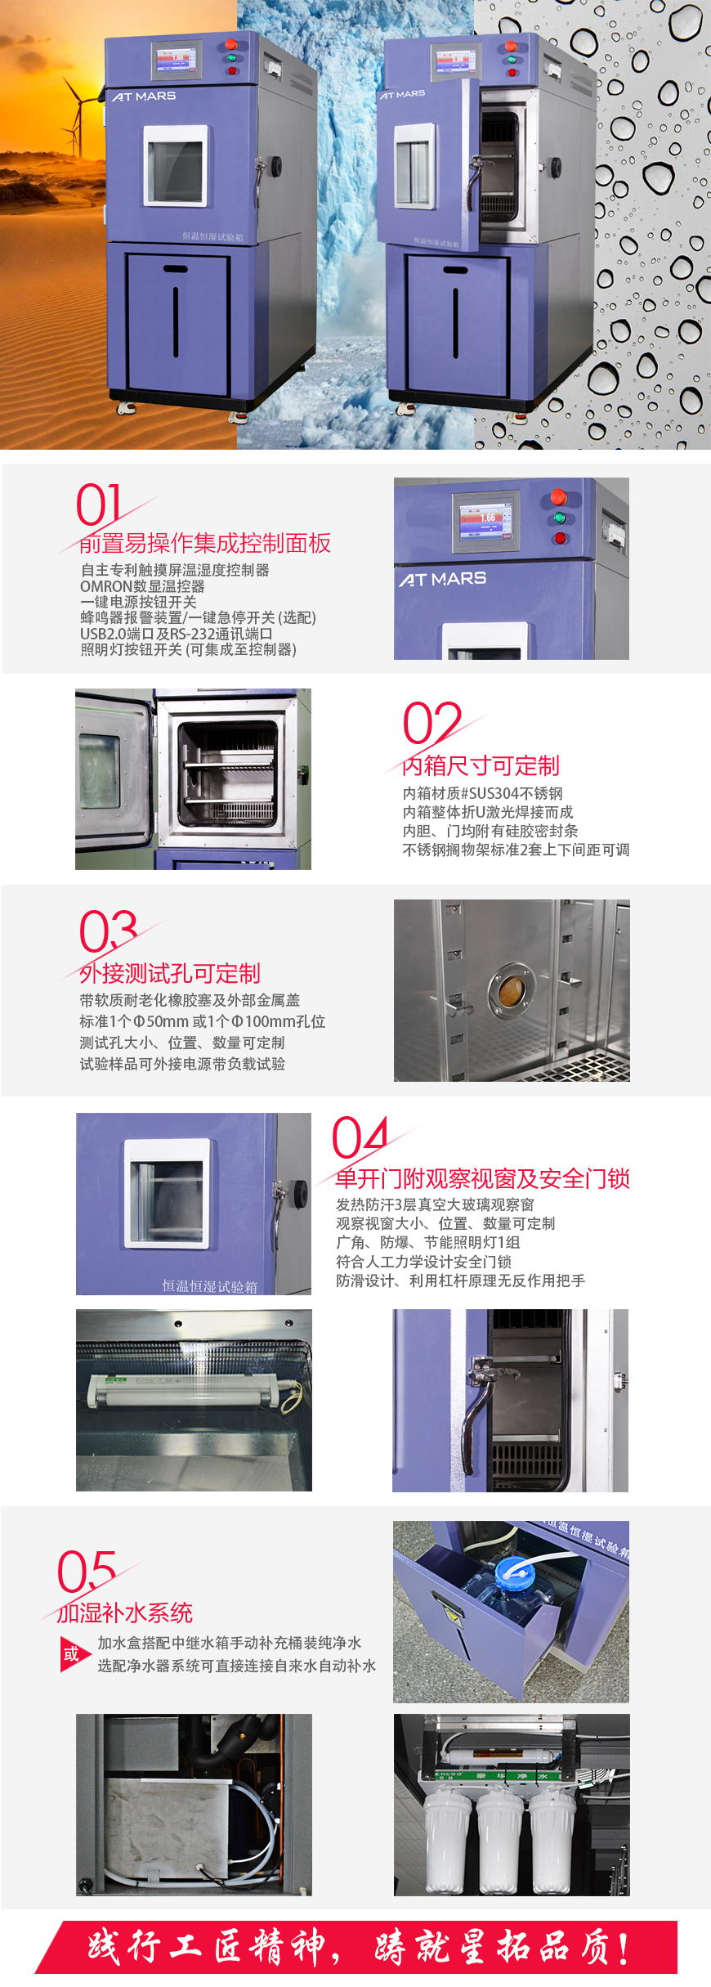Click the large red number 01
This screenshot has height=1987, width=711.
point(99,505)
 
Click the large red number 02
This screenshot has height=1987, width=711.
point(432,722)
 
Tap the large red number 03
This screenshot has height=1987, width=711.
point(108,931)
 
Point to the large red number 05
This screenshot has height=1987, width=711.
point(86,1571)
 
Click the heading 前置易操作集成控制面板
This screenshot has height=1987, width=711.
point(205,543)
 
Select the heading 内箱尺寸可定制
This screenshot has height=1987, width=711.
point(481,765)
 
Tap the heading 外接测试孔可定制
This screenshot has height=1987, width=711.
point(170,973)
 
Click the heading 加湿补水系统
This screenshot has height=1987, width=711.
point(125,1612)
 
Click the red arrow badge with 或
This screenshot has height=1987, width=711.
point(72,1653)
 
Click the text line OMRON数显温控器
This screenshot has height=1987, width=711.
point(142,586)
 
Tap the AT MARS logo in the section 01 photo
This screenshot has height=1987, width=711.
point(442,579)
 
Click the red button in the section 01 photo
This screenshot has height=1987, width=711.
point(559,497)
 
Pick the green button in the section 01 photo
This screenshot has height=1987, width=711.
point(560,518)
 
